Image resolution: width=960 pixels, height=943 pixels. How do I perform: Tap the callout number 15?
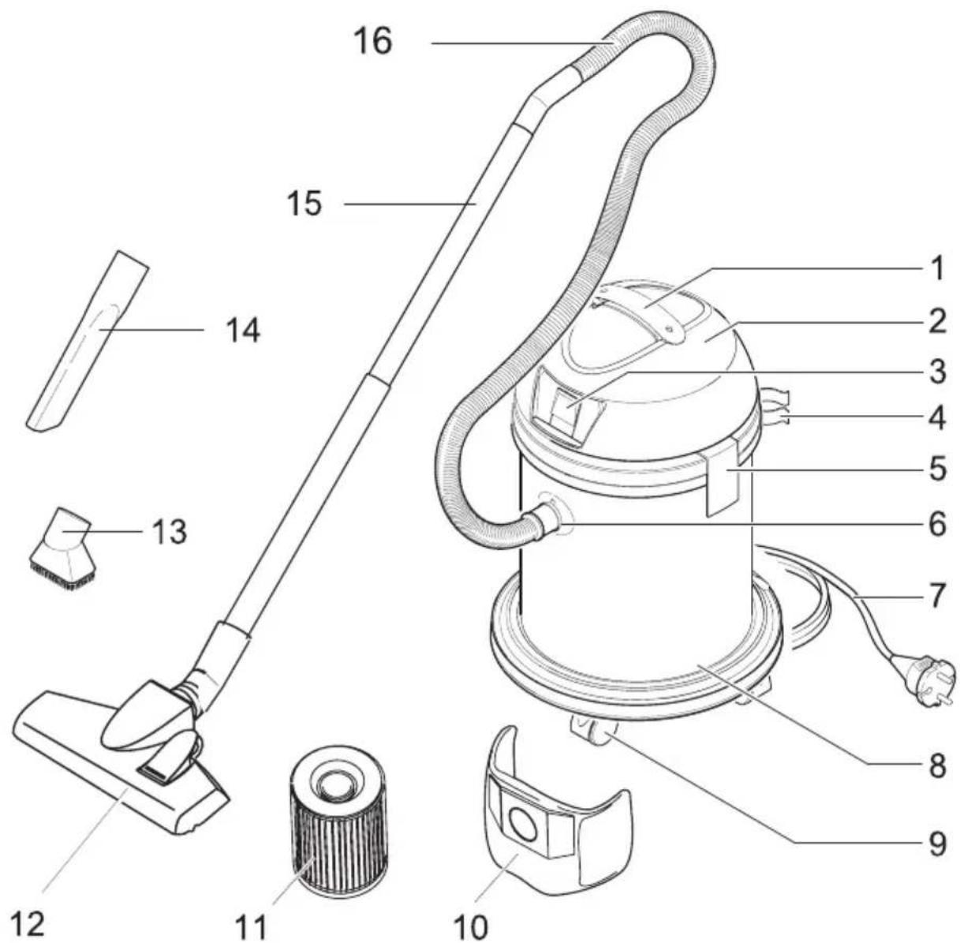tap(304, 204)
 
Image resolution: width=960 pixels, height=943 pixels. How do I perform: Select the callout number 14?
tap(242, 331)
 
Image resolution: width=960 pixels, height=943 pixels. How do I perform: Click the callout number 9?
tap(935, 844)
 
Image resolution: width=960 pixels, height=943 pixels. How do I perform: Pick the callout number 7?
tap(936, 596)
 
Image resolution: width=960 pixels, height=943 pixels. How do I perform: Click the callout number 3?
tap(936, 372)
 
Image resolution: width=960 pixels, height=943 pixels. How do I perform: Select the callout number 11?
tap(252, 925)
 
